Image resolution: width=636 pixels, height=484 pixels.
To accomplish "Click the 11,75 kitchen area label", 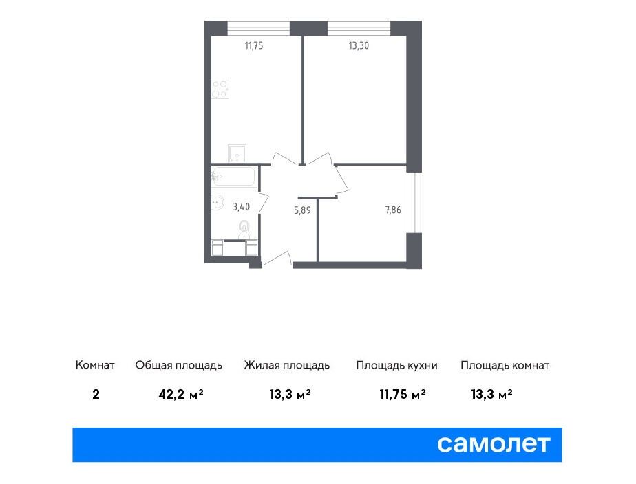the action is click(x=254, y=46).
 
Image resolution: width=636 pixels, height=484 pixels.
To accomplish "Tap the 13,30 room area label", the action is click(x=359, y=46).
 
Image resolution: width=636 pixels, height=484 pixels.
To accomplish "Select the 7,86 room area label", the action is click(x=393, y=210).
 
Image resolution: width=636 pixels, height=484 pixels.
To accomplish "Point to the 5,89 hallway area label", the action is click(x=303, y=210).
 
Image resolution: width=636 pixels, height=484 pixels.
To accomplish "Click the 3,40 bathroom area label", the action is click(x=241, y=207).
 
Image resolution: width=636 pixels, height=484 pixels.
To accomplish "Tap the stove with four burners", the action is click(x=220, y=89).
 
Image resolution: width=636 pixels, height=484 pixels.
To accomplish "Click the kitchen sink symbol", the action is click(x=237, y=153).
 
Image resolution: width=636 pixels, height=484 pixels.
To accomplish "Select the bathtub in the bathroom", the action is click(x=233, y=177).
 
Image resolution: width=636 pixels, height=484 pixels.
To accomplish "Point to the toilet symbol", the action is click(x=244, y=229).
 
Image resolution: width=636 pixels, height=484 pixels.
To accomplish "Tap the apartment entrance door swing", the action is click(x=277, y=258).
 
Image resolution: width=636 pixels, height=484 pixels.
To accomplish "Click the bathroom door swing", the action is click(x=263, y=203).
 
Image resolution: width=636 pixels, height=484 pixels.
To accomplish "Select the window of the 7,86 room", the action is click(x=414, y=203).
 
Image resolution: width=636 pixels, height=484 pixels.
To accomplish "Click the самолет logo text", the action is click(x=494, y=444).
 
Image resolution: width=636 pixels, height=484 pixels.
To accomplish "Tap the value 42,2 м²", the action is click(x=181, y=394).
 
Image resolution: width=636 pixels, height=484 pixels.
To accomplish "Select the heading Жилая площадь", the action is click(x=287, y=365).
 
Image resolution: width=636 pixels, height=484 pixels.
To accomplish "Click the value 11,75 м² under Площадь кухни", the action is click(x=403, y=394).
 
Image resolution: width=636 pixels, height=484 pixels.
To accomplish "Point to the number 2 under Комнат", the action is click(x=96, y=394).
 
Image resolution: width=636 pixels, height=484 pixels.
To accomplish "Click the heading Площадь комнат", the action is click(x=505, y=365).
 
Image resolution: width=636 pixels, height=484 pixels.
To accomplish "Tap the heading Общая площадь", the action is click(x=178, y=365).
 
